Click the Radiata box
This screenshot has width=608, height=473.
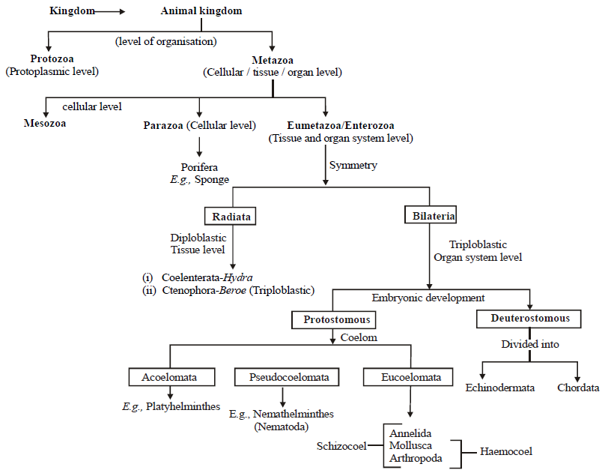pyautogui.click(x=231, y=217)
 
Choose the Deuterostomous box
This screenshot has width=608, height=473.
pyautogui.click(x=530, y=319)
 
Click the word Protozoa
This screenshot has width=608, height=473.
pyautogui.click(x=52, y=59)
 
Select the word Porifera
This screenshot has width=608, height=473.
pyautogui.click(x=199, y=166)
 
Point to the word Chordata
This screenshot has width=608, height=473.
pyautogui.click(x=578, y=388)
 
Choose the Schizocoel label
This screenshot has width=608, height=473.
pyautogui.click(x=342, y=446)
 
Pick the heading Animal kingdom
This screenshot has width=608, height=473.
pyautogui.click(x=201, y=11)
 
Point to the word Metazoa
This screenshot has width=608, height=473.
pyautogui.click(x=273, y=59)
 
